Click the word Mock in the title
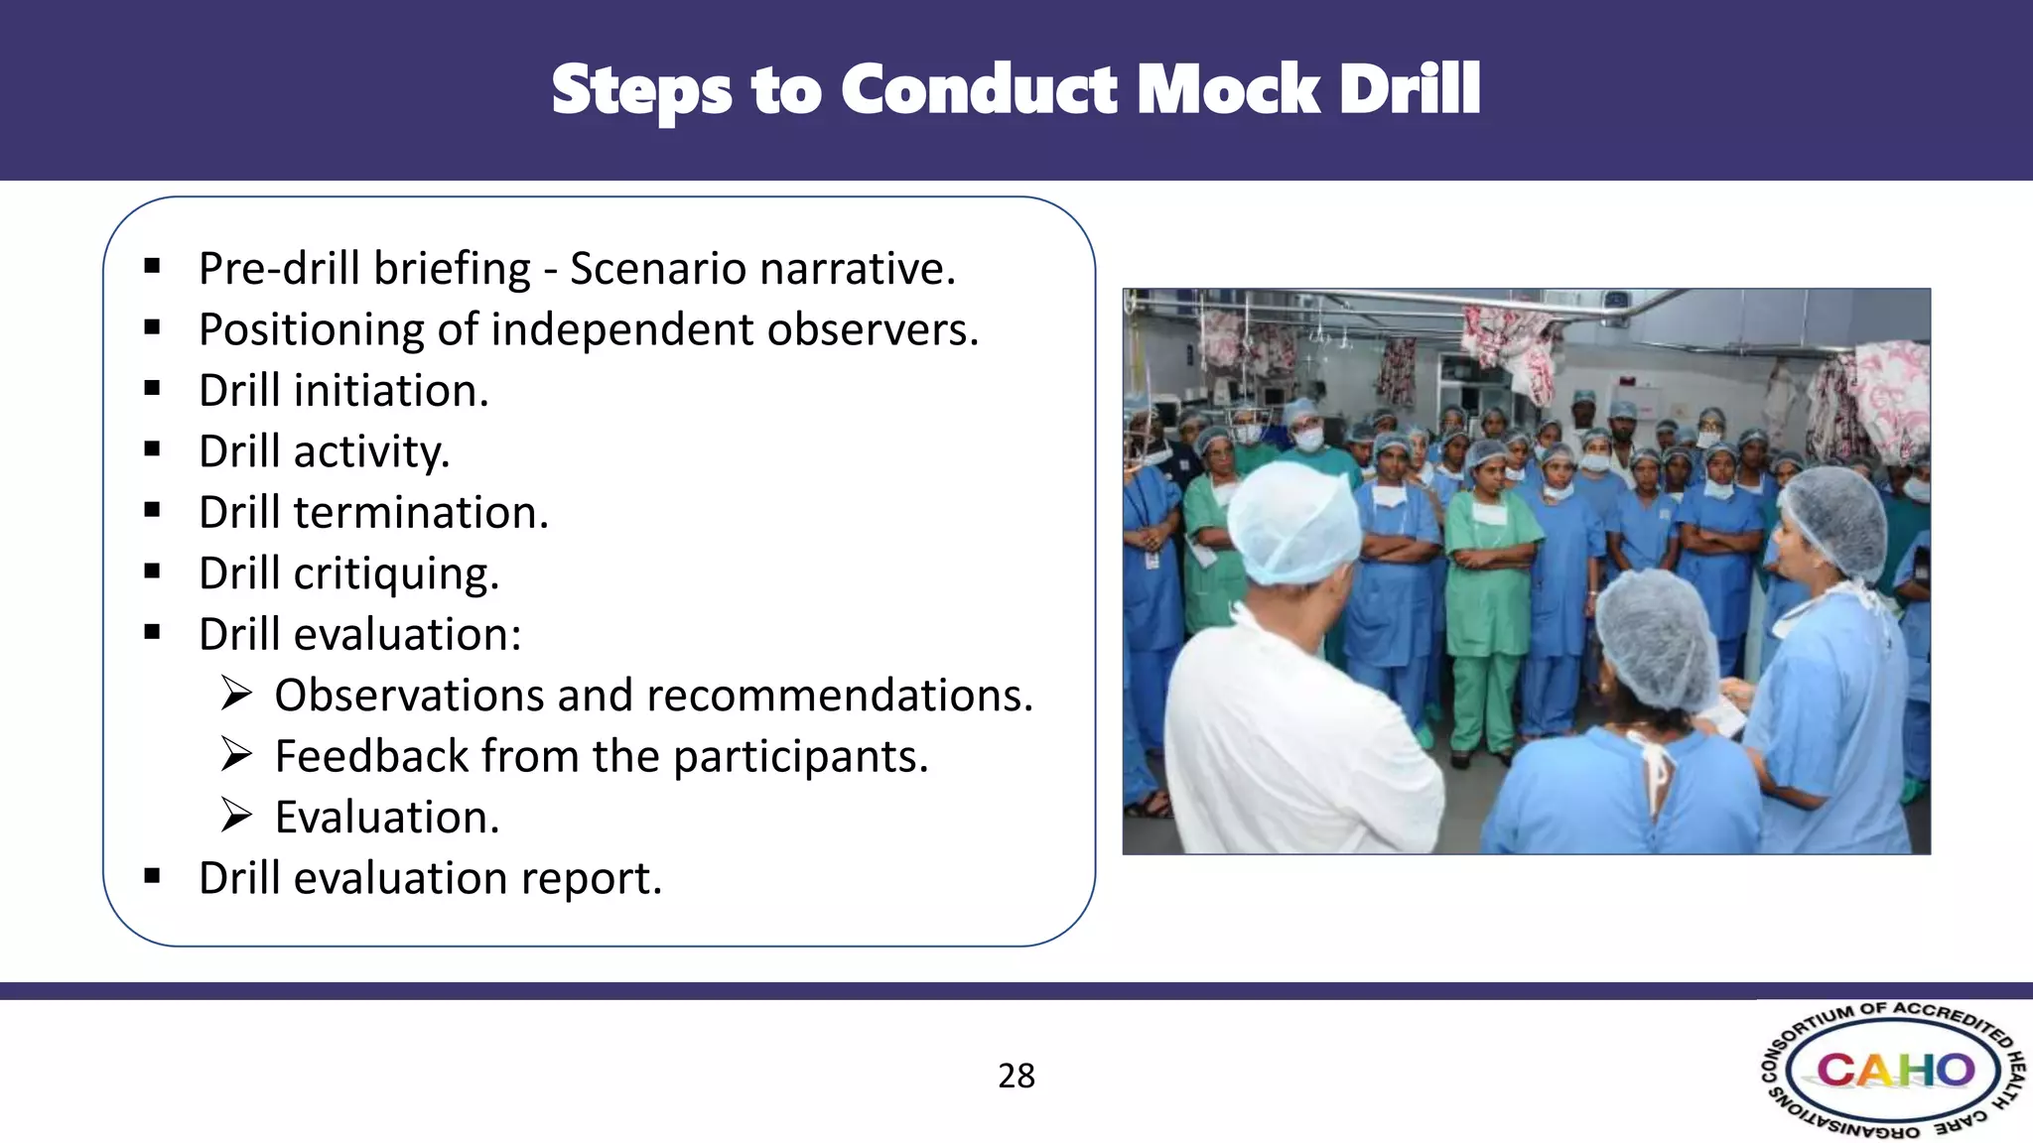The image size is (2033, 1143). click(x=1227, y=90)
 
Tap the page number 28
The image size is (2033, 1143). click(x=1016, y=1076)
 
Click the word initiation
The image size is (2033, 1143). click(x=391, y=391)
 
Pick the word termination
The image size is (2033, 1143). click(x=421, y=513)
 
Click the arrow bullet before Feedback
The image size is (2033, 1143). click(x=236, y=755)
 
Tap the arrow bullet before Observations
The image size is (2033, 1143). click(x=236, y=694)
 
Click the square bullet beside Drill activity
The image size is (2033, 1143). click(x=152, y=449)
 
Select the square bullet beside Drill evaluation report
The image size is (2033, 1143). click(x=152, y=876)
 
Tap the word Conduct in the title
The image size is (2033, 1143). click(x=979, y=90)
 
